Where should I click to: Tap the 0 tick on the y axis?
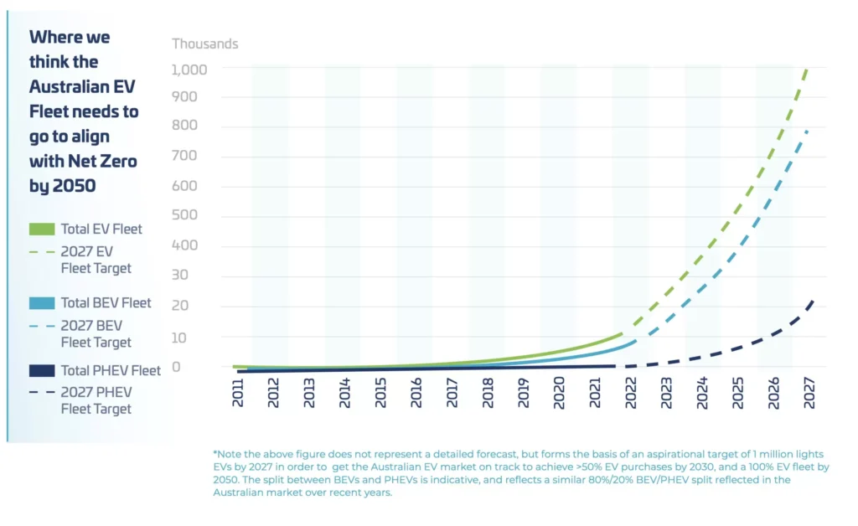[177, 367]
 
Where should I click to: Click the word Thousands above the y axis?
[205, 44]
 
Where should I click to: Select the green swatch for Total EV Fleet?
[41, 229]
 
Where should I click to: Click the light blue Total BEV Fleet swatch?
[41, 302]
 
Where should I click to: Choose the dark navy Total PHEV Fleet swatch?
[41, 370]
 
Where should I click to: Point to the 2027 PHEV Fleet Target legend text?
[96, 400]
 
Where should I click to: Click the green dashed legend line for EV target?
[41, 252]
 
